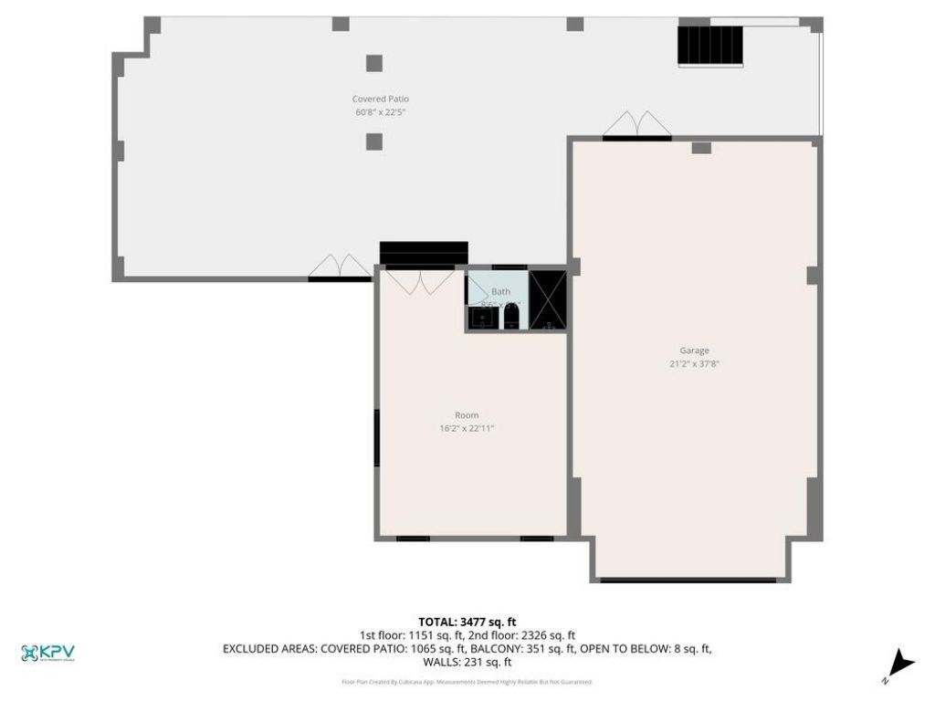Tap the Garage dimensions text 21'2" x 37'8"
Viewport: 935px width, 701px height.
click(695, 363)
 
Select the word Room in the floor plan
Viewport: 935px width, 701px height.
click(467, 415)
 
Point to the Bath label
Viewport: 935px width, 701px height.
click(500, 291)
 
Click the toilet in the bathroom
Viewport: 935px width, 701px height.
click(511, 317)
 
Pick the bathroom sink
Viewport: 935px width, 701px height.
click(480, 318)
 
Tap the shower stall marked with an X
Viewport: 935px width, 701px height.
click(548, 300)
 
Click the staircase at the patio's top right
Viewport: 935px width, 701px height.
click(710, 45)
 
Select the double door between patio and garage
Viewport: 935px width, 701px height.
click(637, 125)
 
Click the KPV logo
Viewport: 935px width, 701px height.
click(47, 653)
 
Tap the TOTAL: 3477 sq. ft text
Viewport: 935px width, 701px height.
click(467, 622)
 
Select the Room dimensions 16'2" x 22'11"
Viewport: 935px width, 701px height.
click(467, 428)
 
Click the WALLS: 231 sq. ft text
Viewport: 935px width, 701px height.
click(467, 663)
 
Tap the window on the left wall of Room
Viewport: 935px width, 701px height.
click(377, 438)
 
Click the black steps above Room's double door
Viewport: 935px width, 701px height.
click(424, 252)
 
